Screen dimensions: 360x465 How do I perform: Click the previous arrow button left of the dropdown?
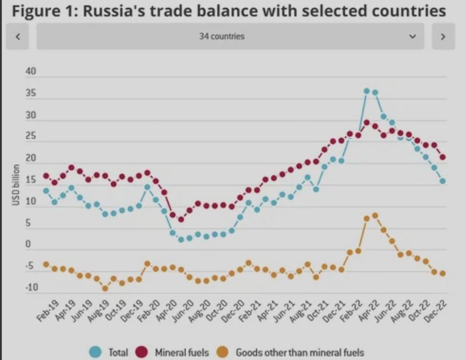(x=18, y=36)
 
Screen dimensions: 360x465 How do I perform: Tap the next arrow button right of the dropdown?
(x=444, y=36)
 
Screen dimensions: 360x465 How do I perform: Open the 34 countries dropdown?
(x=230, y=36)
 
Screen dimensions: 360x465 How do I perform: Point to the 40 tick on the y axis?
(x=30, y=72)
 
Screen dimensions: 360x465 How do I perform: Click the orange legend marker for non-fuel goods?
(x=224, y=352)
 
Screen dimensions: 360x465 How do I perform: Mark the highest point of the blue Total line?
(x=366, y=91)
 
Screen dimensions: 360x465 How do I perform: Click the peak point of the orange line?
(x=375, y=216)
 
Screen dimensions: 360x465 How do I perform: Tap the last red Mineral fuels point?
(x=442, y=157)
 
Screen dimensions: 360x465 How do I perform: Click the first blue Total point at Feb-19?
(x=46, y=191)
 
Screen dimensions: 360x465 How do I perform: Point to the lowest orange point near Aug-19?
(x=105, y=288)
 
